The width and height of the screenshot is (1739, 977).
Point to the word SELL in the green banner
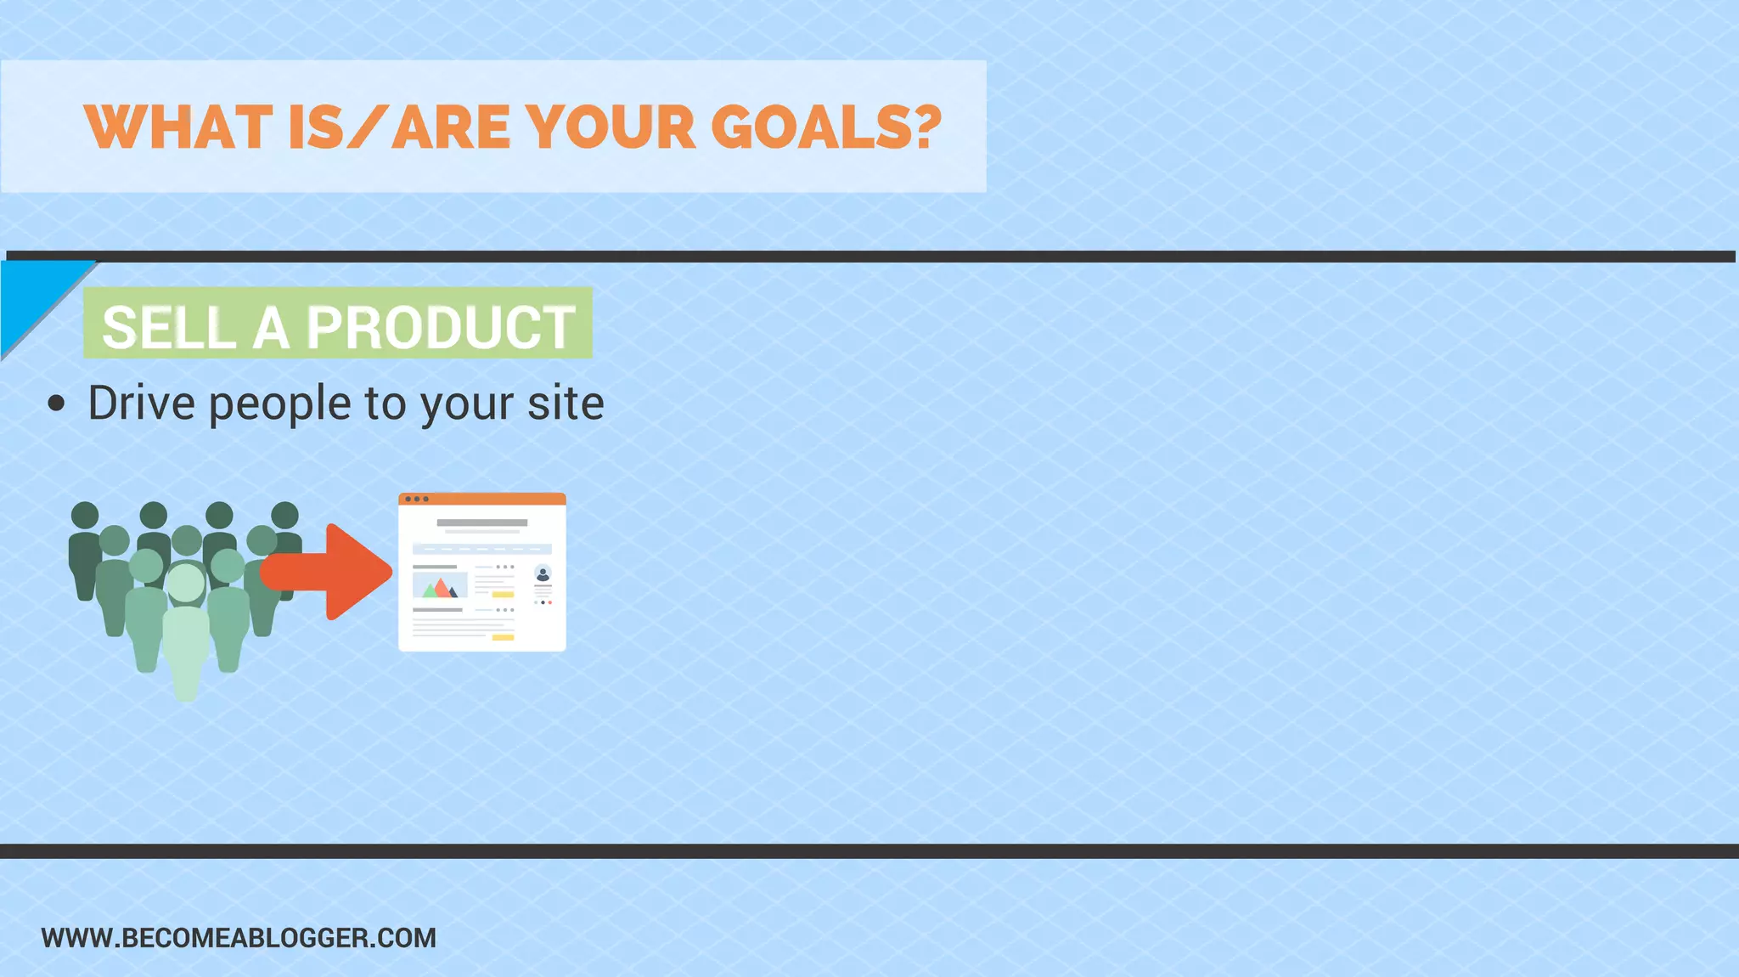pos(168,327)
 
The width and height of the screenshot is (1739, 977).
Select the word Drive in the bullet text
pos(141,403)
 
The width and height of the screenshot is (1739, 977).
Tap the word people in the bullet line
pos(279,404)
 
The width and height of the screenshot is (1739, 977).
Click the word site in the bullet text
pos(566,403)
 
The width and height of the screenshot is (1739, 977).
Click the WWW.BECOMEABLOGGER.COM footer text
pos(239,938)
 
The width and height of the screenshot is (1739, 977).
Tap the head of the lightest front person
pos(185,583)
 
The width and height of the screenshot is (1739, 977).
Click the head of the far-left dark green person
pos(84,515)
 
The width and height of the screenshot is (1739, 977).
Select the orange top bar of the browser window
pos(482,499)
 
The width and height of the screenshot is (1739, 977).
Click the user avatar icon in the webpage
pos(543,574)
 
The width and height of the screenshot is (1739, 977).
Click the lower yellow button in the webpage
pos(503,637)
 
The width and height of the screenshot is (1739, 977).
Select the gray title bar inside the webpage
pos(482,522)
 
